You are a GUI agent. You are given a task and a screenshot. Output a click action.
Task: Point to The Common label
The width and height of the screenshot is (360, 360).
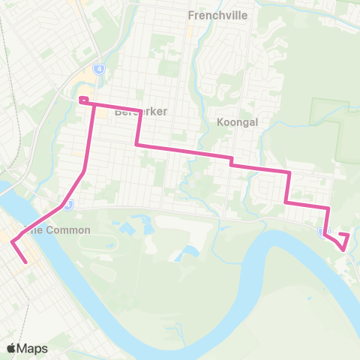(x=58, y=230)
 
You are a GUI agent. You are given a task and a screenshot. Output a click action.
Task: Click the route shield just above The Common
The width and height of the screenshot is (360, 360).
(x=68, y=203)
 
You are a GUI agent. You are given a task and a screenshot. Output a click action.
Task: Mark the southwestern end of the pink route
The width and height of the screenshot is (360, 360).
(x=27, y=262)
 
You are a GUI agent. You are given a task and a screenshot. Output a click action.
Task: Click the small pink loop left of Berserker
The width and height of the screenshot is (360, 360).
(x=84, y=100)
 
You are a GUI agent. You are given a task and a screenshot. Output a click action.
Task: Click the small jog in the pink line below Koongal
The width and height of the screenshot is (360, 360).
(x=232, y=160)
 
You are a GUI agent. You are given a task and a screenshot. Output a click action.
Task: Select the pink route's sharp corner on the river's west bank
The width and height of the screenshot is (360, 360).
(x=12, y=241)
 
